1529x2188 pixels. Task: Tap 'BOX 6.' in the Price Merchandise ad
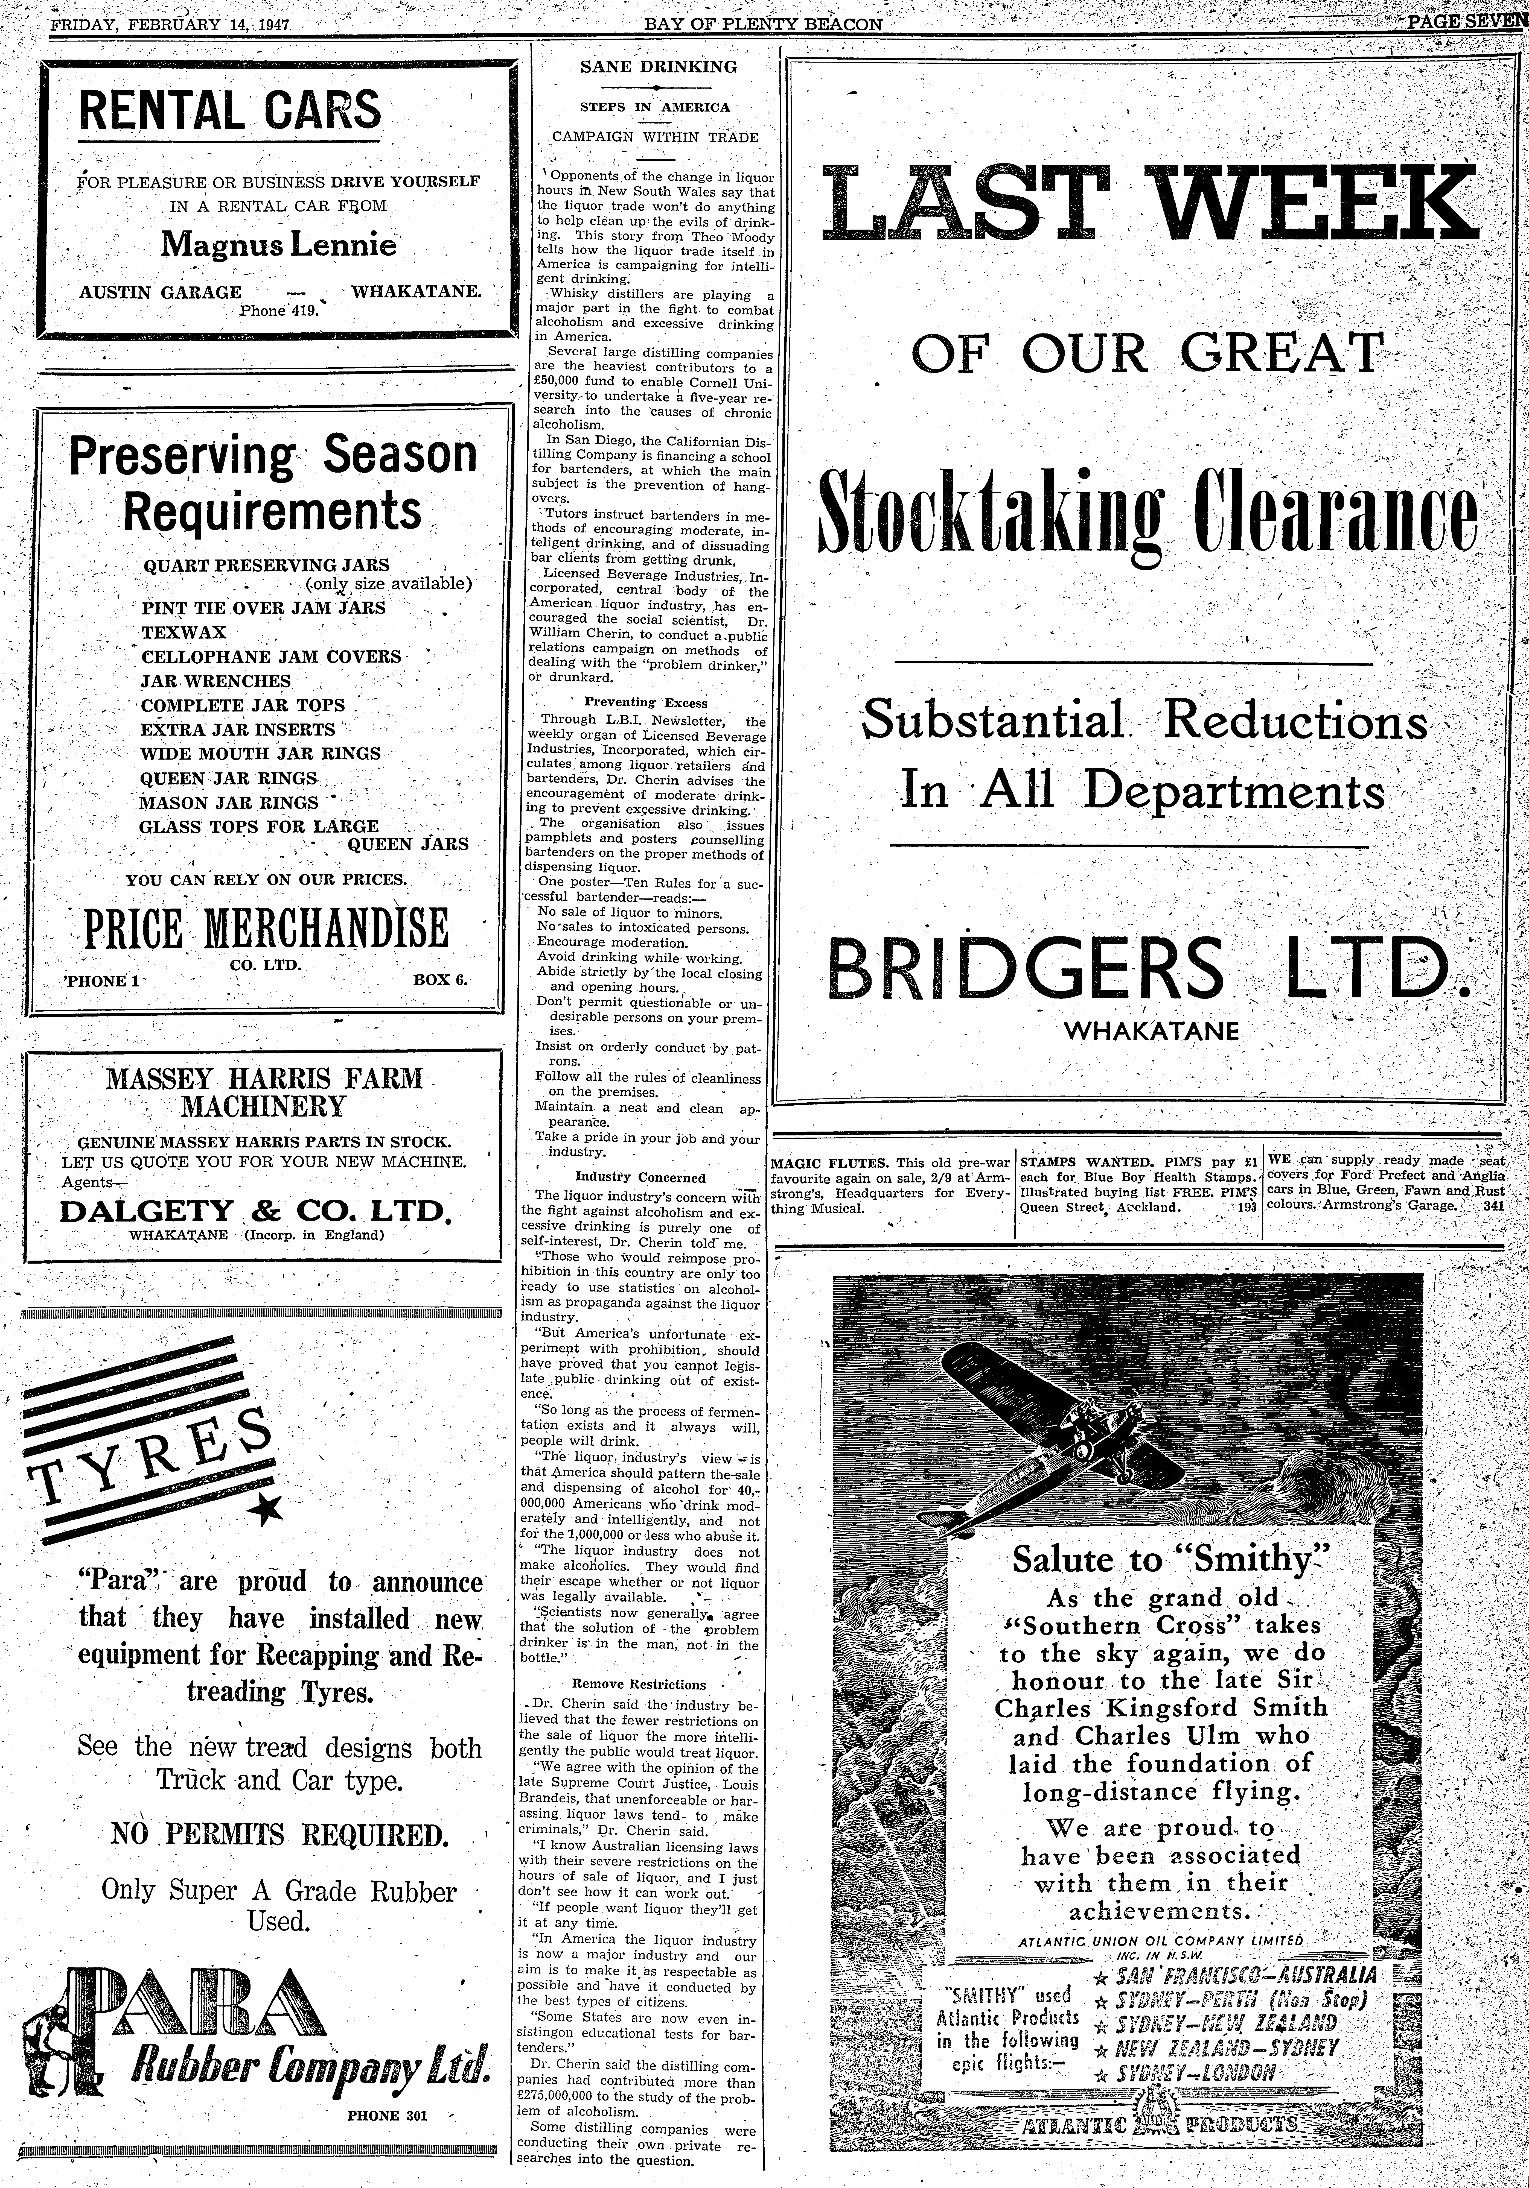tap(439, 979)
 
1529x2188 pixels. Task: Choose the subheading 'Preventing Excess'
tap(645, 702)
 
